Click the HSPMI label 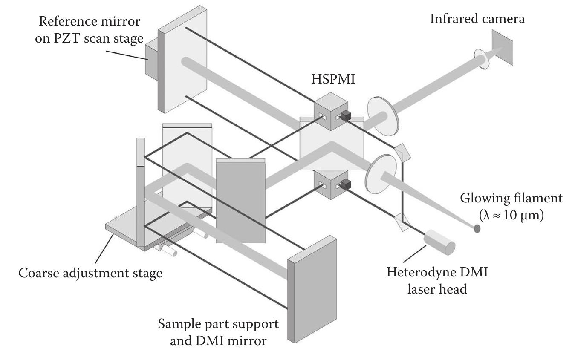[332, 79]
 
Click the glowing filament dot [477, 229]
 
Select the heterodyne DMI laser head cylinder [440, 242]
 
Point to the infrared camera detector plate [502, 47]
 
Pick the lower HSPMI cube [331, 184]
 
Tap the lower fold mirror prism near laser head [403, 221]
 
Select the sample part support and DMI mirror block [312, 290]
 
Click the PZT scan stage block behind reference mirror [151, 61]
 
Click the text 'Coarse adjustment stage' [90, 273]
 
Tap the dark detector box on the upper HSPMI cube [346, 115]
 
